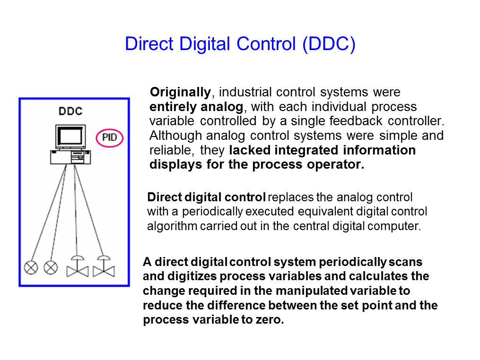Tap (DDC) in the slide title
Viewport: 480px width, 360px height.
coord(329,44)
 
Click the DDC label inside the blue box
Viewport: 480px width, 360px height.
coord(70,111)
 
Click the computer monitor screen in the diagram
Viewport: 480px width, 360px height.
coord(70,136)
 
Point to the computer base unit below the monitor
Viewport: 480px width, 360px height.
coord(70,157)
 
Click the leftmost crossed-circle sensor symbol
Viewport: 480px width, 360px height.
coord(31,267)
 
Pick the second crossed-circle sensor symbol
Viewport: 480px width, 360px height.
coord(51,267)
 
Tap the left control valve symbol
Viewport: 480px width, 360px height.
coord(78,266)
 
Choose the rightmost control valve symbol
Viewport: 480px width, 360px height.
coord(104,266)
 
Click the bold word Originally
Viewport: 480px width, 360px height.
coord(180,93)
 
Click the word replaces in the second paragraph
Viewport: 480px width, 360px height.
coord(291,197)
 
